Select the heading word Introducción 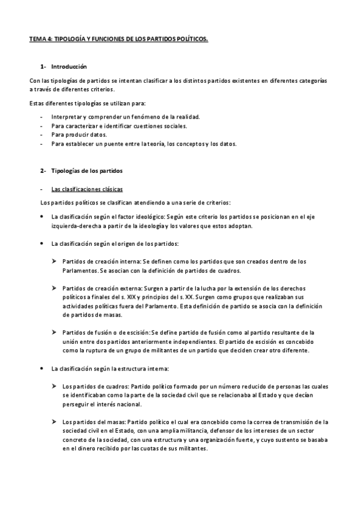point(69,66)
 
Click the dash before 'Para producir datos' point(41,135)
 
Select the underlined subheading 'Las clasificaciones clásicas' point(87,189)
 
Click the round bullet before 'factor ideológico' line point(41,216)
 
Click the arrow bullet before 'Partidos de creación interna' point(54,261)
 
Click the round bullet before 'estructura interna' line point(41,369)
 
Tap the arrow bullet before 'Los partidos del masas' point(54,422)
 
